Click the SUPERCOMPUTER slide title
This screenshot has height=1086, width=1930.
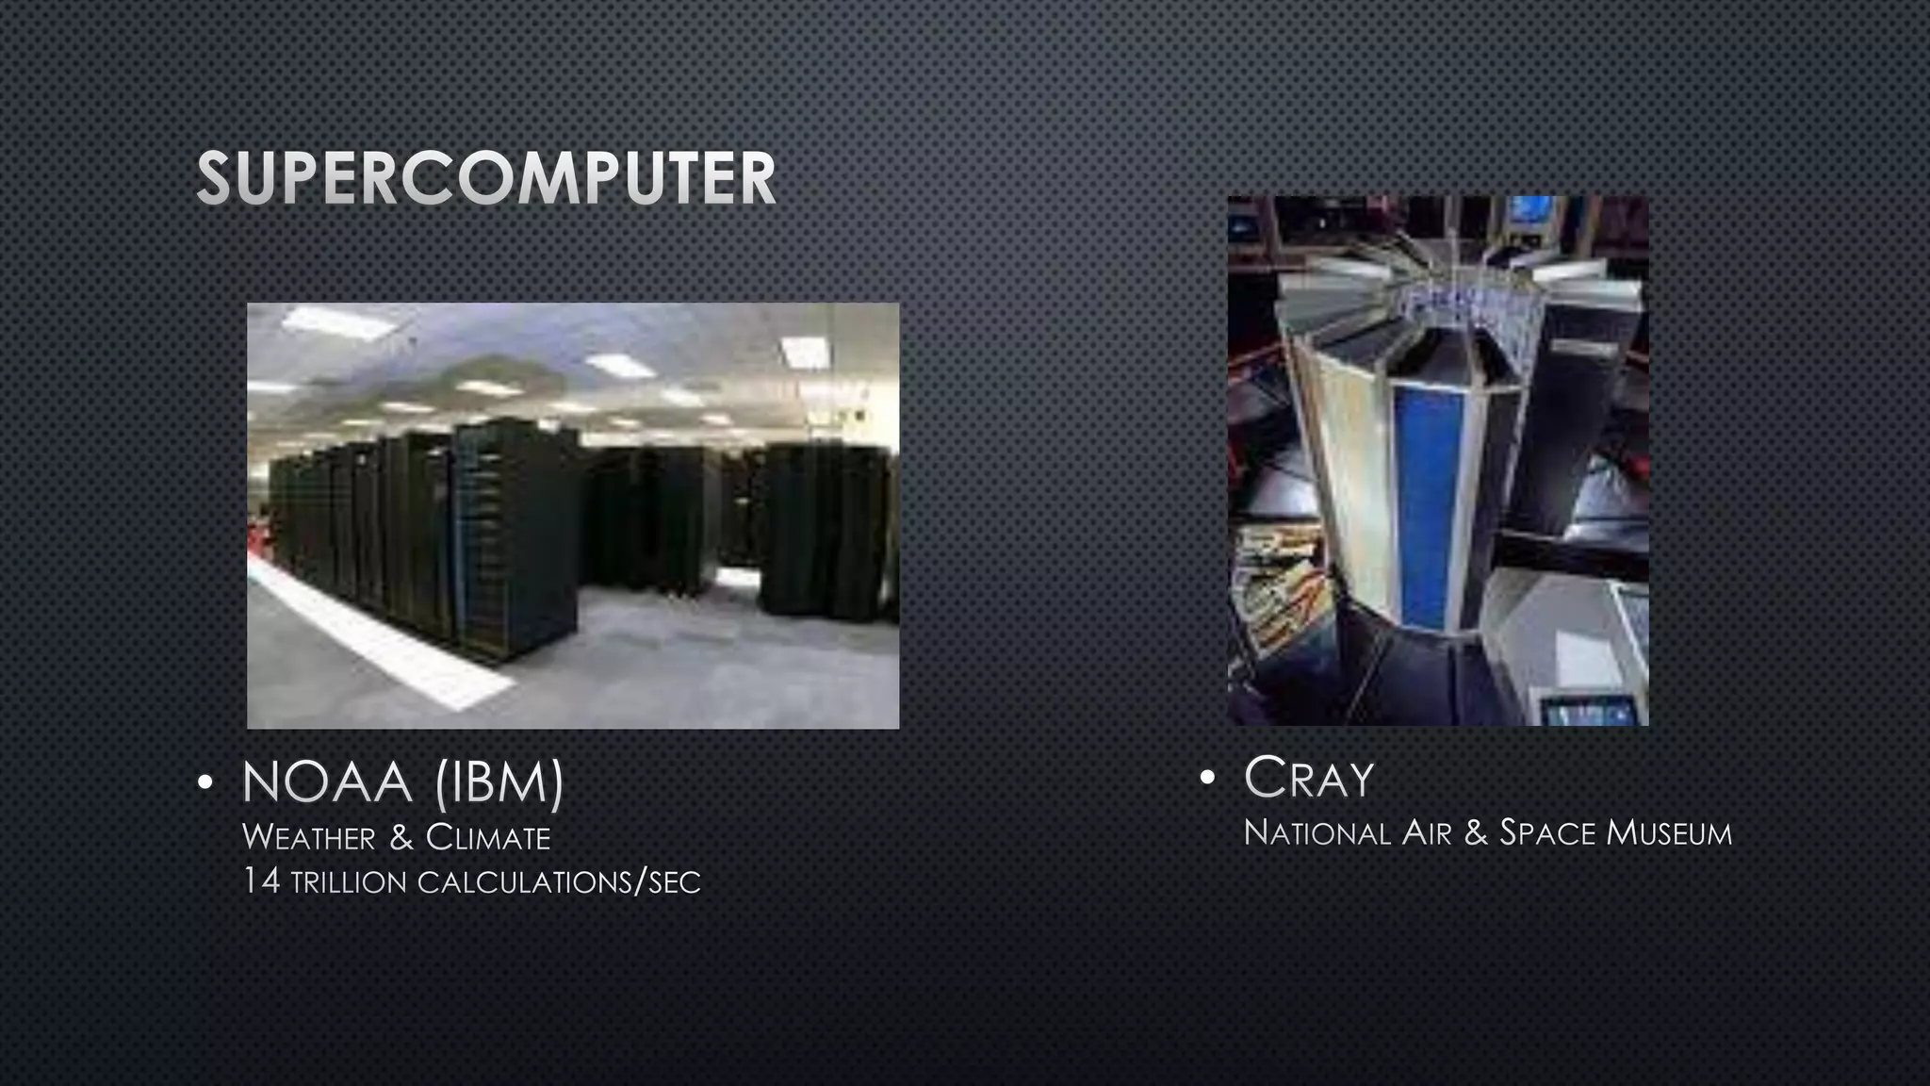[x=486, y=177]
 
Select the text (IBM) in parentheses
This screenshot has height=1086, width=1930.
[x=499, y=782]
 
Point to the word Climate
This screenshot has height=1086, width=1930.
[x=488, y=837]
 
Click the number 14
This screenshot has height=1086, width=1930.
[x=260, y=881]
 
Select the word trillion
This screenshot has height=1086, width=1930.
[x=348, y=883]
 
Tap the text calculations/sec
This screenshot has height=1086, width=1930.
[x=559, y=883]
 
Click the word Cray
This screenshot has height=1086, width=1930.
[x=1309, y=779]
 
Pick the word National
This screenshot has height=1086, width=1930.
[x=1317, y=833]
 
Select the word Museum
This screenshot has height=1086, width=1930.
[x=1669, y=833]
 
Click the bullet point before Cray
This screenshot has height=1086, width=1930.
[x=1208, y=779]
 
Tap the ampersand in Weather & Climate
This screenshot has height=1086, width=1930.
[x=401, y=837]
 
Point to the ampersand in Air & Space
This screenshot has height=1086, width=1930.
[x=1476, y=833]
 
